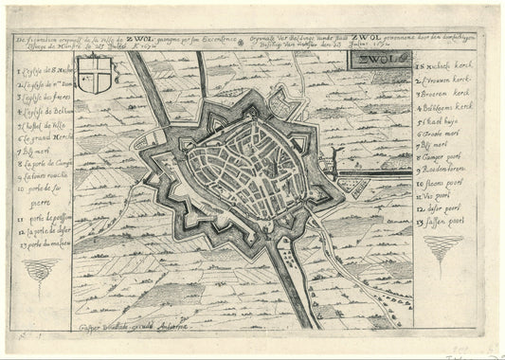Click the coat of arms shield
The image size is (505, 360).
93,75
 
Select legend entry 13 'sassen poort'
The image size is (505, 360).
442,220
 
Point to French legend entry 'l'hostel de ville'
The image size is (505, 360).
43,123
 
